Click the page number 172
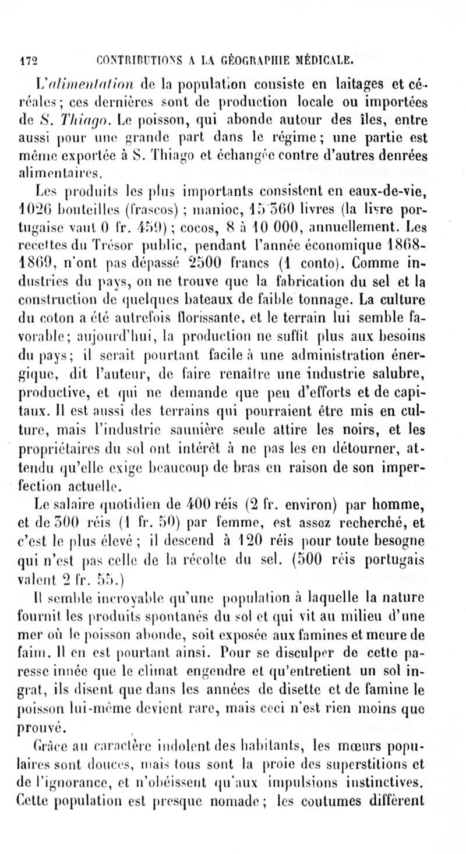(28, 58)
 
